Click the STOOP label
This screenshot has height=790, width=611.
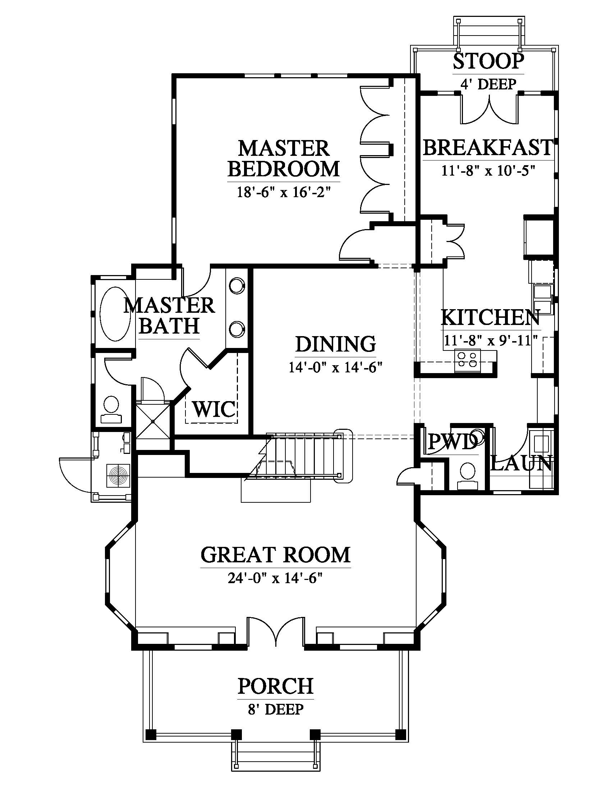(x=488, y=61)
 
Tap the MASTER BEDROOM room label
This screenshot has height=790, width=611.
(x=284, y=158)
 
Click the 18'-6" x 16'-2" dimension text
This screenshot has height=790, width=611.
(x=284, y=192)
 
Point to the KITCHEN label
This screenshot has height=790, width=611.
(x=491, y=317)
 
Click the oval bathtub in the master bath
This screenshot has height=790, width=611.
(x=115, y=313)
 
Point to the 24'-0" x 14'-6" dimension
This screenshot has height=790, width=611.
(x=275, y=579)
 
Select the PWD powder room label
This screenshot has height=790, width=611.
(x=452, y=442)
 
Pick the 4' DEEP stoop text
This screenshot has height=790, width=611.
(x=488, y=84)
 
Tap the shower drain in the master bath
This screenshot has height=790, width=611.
(x=153, y=422)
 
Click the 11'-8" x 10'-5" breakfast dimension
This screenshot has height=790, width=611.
(x=488, y=170)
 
